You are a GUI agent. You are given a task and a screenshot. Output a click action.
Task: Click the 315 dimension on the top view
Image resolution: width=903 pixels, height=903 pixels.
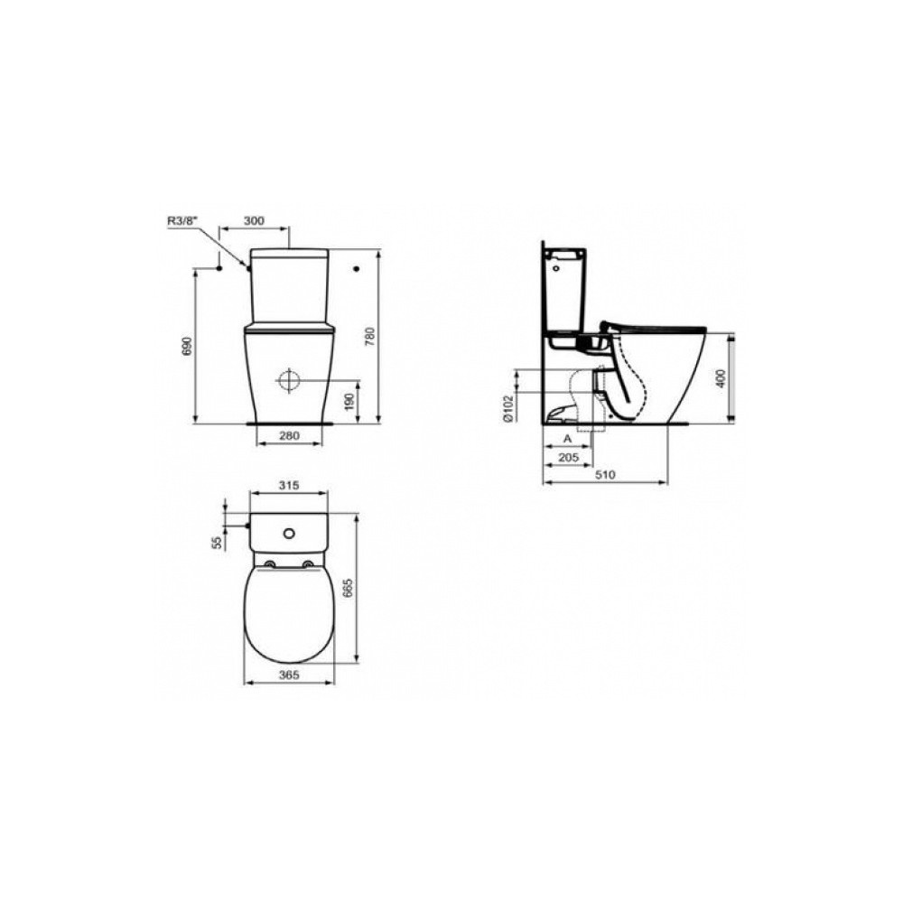[287, 486]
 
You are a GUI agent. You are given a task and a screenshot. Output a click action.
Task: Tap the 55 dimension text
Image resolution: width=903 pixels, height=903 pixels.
[217, 541]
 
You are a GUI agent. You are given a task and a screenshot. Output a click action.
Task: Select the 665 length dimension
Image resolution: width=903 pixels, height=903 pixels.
[370, 591]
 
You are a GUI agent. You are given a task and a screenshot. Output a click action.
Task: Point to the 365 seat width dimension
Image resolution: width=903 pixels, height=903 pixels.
[288, 674]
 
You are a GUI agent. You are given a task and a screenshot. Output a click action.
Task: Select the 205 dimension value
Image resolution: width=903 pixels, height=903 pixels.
[568, 459]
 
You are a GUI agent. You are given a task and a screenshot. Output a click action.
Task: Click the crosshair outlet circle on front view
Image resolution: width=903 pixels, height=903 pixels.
[288, 380]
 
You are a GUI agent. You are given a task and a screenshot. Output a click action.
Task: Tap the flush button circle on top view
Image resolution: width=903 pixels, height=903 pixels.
[289, 533]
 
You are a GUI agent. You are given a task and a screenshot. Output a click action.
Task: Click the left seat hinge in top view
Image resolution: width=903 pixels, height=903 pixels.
[269, 566]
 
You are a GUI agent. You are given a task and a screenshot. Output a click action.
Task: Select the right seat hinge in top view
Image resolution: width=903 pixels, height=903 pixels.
[309, 566]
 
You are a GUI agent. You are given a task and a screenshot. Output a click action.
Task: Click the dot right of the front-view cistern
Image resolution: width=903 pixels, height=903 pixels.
[358, 268]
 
